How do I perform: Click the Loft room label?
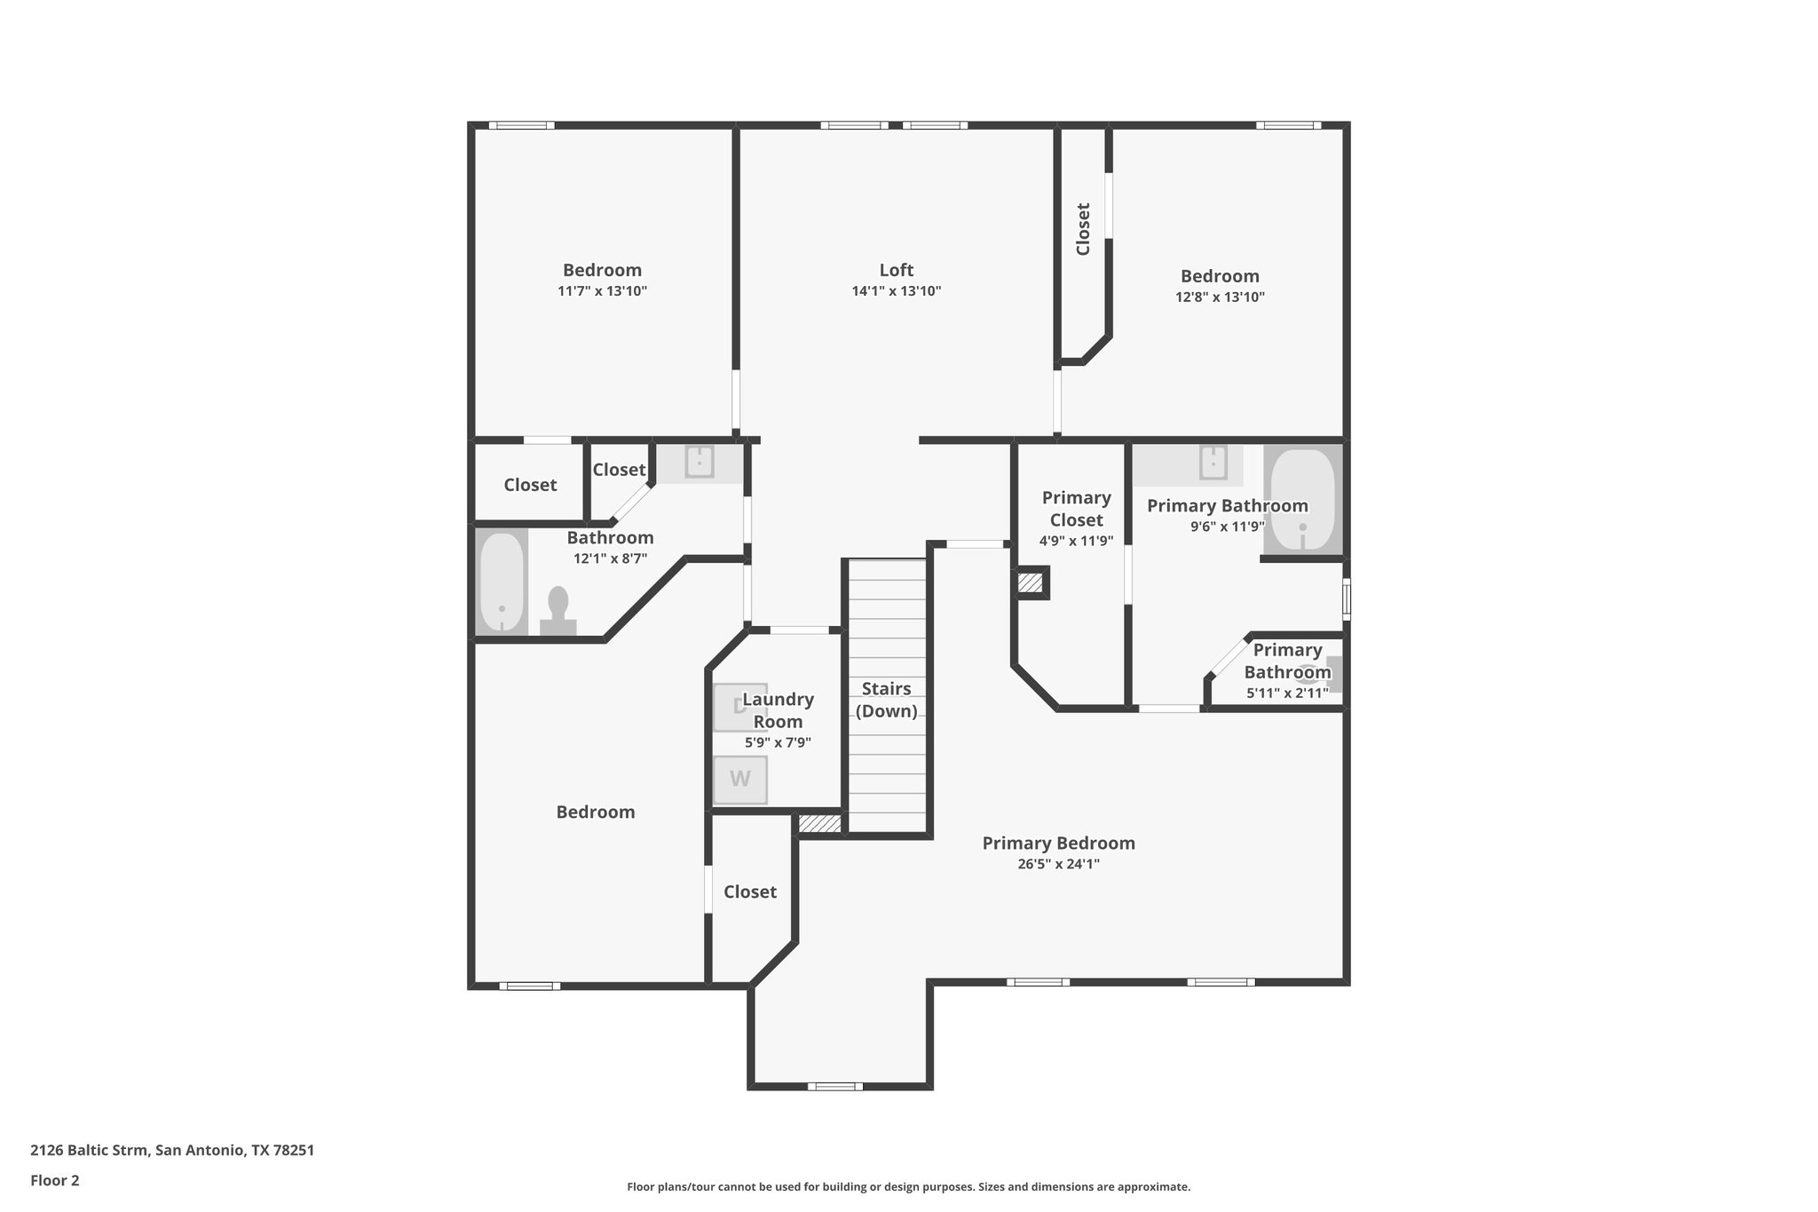[896, 270]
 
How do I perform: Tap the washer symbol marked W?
[739, 780]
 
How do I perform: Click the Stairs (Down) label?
[886, 700]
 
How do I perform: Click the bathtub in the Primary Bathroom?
[1302, 500]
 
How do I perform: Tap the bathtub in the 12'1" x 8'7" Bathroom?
[502, 582]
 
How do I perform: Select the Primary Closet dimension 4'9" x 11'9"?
[1076, 541]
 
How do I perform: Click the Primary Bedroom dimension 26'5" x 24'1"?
[1058, 864]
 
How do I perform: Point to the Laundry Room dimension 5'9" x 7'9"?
[778, 743]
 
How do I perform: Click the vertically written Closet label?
[1083, 229]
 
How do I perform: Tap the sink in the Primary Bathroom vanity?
[1213, 463]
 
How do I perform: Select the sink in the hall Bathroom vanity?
[700, 463]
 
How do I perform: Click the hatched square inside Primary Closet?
[1030, 583]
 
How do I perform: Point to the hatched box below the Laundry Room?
[819, 824]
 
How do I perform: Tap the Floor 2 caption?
[55, 1181]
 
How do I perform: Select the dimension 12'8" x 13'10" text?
[1220, 297]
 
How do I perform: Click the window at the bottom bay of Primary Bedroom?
[834, 1086]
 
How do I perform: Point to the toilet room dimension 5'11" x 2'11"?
[1287, 693]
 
